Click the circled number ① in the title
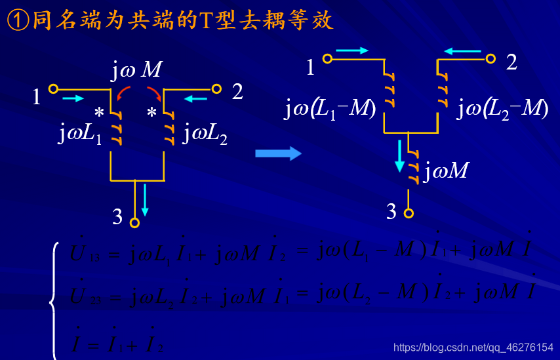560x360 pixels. click(x=16, y=21)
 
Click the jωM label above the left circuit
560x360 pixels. click(x=136, y=70)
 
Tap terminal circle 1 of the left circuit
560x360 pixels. click(x=53, y=89)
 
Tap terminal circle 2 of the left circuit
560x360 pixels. click(x=216, y=89)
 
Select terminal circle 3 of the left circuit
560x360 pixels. click(x=135, y=222)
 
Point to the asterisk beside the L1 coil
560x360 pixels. click(x=99, y=112)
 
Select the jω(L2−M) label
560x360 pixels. click(x=502, y=109)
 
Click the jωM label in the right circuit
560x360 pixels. click(x=447, y=170)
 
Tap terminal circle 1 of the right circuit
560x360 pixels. click(x=327, y=58)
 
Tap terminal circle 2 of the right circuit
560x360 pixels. click(x=490, y=58)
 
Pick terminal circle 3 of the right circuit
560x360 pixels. click(x=409, y=213)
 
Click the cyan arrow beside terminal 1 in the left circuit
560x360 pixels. click(x=73, y=98)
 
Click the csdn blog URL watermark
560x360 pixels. click(x=473, y=346)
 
